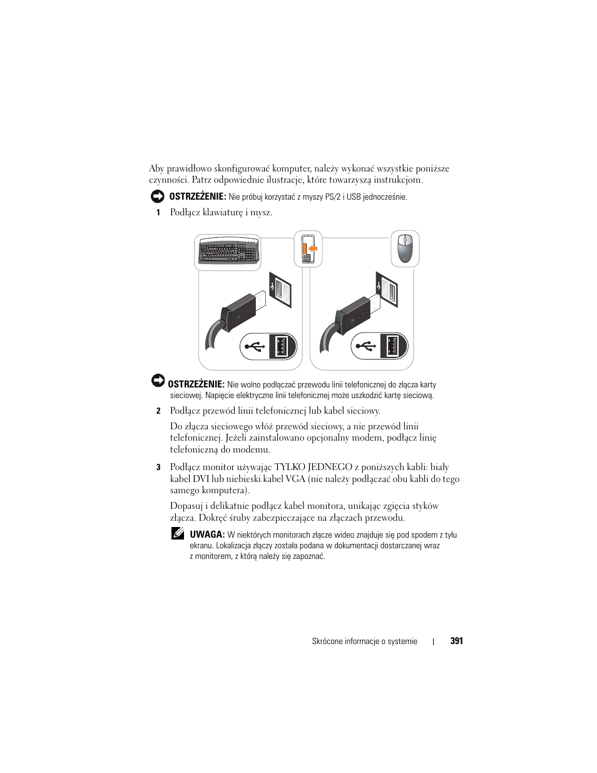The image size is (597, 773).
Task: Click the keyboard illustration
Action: point(228,252)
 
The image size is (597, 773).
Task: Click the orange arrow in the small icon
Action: point(312,248)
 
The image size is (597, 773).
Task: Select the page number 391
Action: point(457,641)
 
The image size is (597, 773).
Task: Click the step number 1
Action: point(158,213)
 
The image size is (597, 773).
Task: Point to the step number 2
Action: point(158,411)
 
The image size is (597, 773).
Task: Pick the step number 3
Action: point(158,468)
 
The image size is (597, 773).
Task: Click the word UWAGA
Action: point(207,535)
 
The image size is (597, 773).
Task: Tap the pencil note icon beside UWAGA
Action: point(178,534)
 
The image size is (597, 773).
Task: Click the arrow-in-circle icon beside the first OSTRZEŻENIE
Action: point(157,196)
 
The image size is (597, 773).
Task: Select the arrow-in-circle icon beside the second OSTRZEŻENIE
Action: point(158,381)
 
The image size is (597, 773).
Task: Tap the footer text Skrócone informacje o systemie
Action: point(364,642)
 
